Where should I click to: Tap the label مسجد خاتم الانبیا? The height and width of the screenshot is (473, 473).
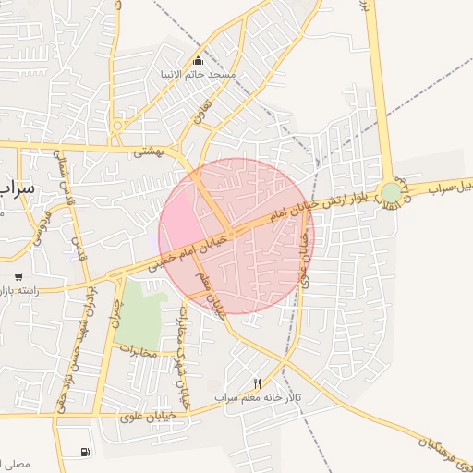(210, 74)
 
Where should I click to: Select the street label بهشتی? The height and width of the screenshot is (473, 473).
(147, 151)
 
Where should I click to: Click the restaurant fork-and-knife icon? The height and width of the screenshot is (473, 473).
(258, 383)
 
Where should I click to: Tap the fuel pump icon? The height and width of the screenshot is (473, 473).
(86, 452)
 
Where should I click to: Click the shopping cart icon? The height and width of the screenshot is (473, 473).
(18, 276)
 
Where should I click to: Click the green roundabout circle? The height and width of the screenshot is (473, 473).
(392, 192)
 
